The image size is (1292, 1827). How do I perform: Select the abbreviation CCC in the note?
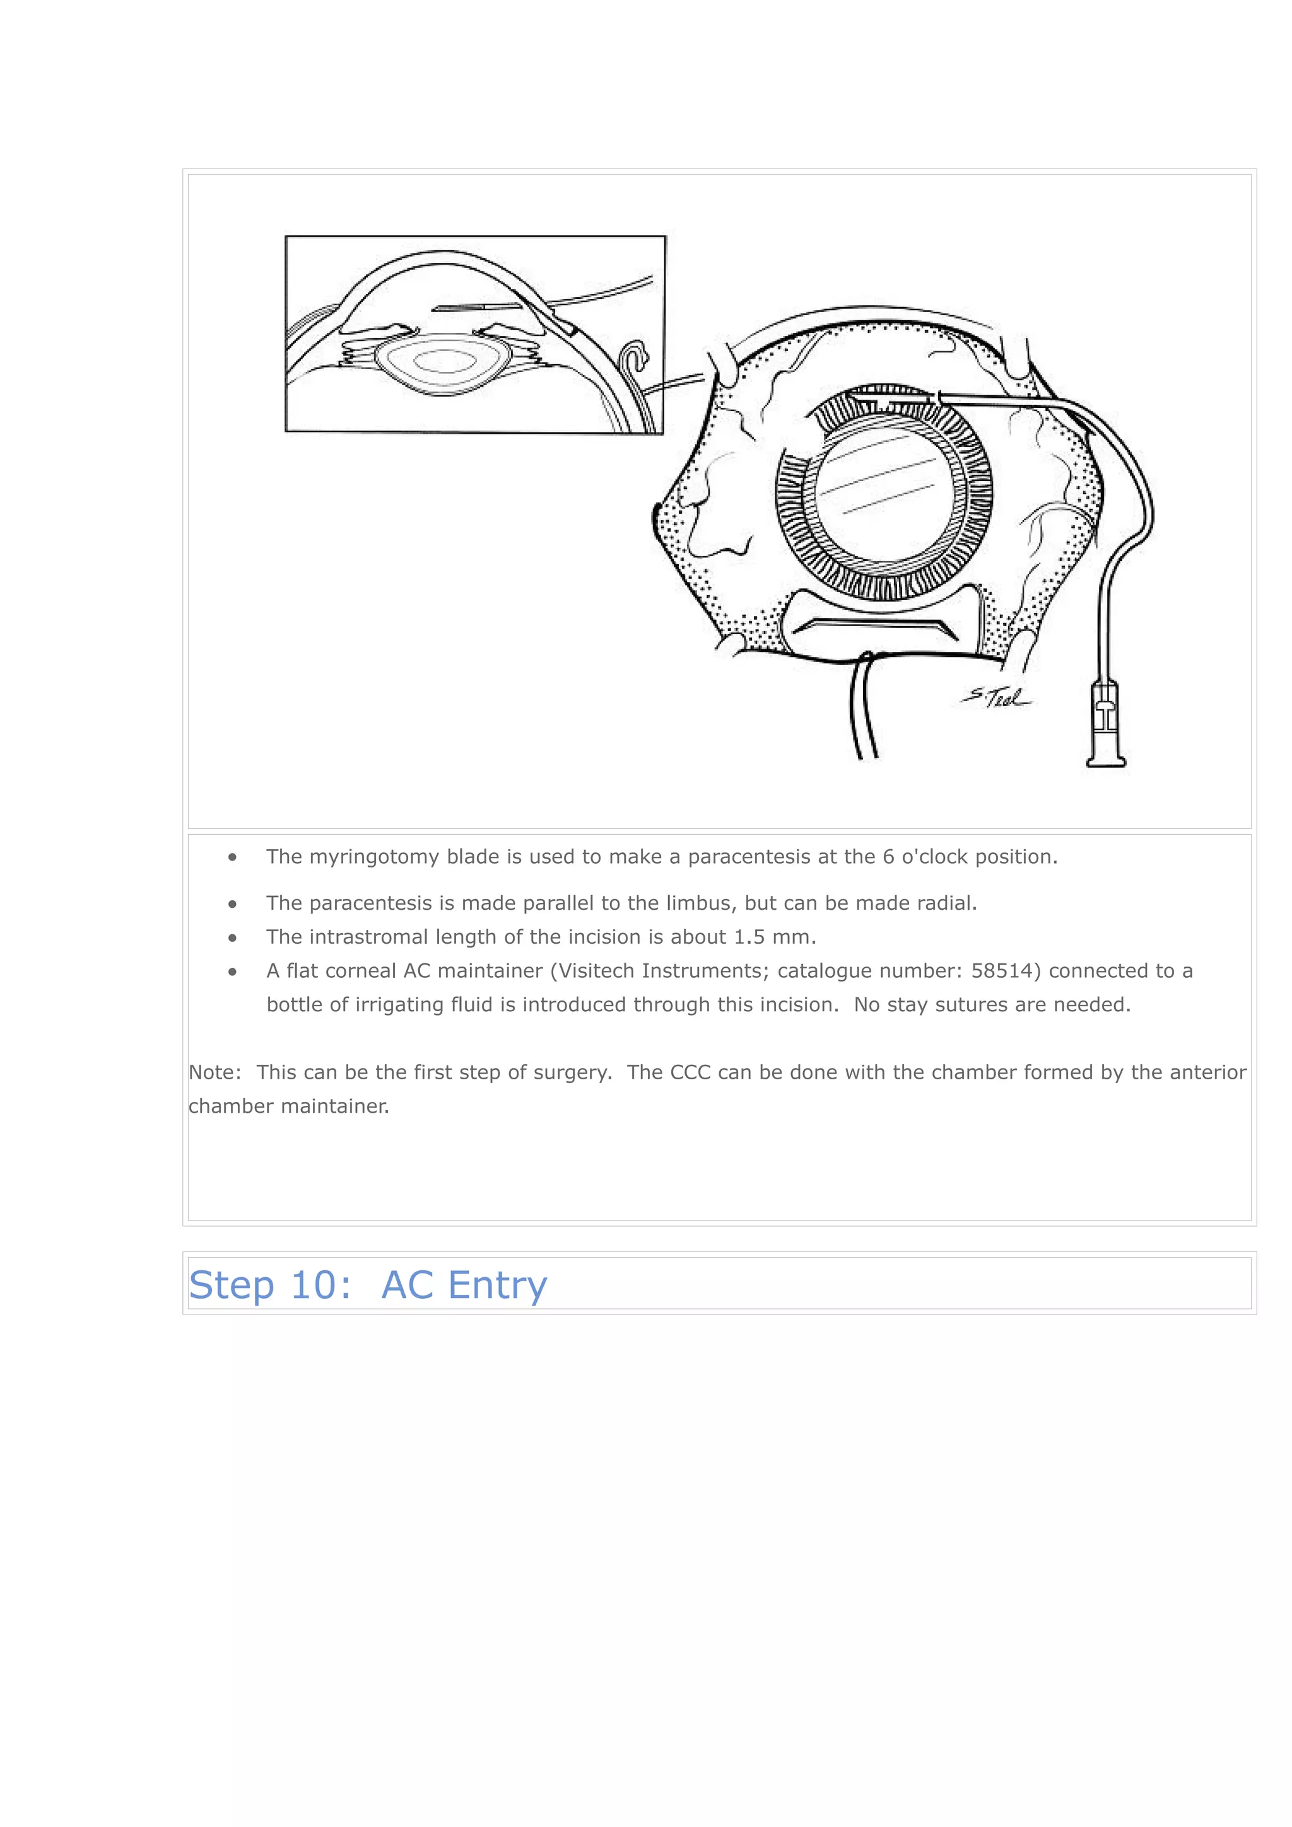[690, 1072]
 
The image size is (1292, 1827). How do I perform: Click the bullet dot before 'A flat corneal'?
[232, 971]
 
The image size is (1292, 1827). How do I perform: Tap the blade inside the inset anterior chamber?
[476, 307]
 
